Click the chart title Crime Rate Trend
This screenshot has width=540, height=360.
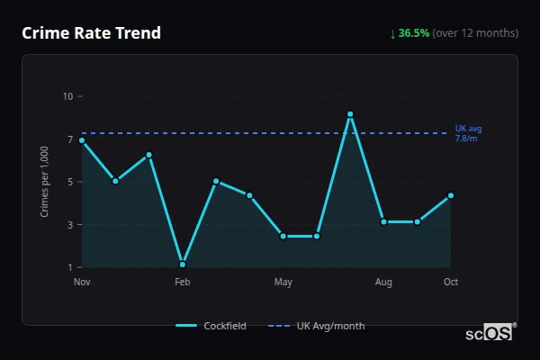coord(91,33)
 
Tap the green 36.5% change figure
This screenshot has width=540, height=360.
coord(414,33)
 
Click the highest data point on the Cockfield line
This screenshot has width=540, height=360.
coord(350,114)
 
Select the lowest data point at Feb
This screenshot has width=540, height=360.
coord(183,265)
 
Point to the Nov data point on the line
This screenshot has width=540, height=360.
coord(82,140)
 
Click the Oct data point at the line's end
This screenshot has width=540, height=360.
coord(451,195)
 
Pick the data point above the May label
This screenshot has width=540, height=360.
coord(283,236)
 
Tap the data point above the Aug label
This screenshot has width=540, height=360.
coord(383,221)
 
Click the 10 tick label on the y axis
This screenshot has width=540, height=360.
coord(67,96)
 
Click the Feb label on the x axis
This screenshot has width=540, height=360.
coord(183,283)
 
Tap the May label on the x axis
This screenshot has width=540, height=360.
coord(283,283)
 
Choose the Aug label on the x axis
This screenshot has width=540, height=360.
coord(383,283)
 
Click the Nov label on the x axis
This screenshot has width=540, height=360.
coord(82,283)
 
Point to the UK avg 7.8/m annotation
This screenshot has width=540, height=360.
coord(468,133)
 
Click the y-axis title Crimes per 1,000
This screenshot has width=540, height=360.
coord(45,182)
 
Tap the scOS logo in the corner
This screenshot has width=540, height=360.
coord(490,333)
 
